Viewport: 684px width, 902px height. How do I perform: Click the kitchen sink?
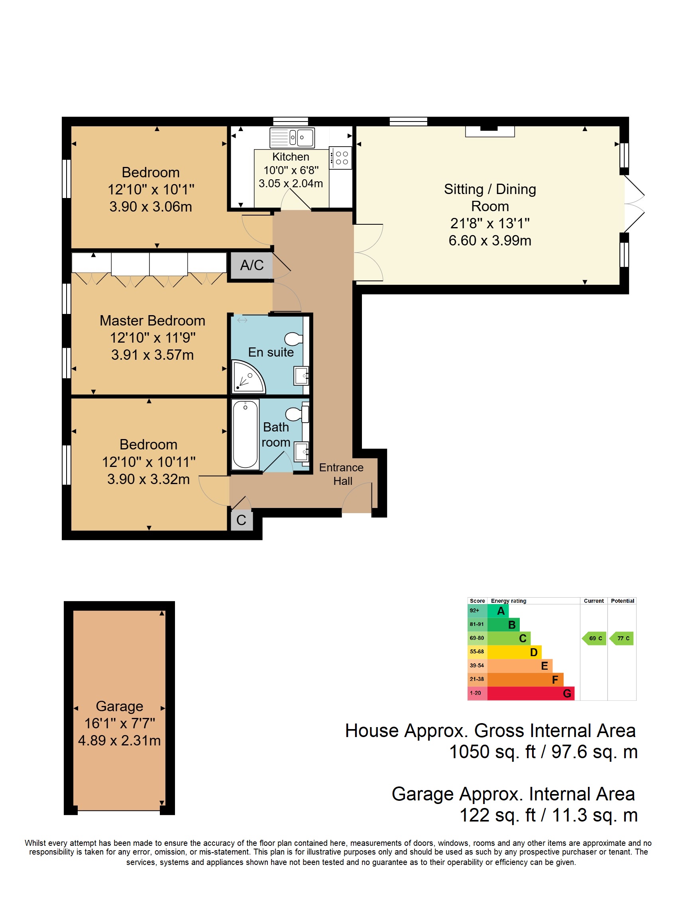pyautogui.click(x=292, y=137)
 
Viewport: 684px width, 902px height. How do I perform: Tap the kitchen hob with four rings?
pyautogui.click(x=340, y=158)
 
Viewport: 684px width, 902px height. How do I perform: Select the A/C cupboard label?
pyautogui.click(x=252, y=265)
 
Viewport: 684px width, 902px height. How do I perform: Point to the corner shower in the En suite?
pyautogui.click(x=248, y=377)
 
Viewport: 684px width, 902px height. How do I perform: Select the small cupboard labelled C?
pyautogui.click(x=242, y=520)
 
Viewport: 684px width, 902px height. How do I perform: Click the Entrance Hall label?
pyautogui.click(x=341, y=474)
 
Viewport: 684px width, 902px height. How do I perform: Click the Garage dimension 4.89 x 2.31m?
pyautogui.click(x=120, y=740)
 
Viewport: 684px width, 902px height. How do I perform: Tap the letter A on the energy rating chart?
pyautogui.click(x=501, y=611)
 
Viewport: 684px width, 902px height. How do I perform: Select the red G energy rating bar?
pyautogui.click(x=531, y=693)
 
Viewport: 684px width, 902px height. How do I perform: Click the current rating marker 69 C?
pyautogui.click(x=594, y=638)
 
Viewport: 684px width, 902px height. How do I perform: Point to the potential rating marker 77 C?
pyautogui.click(x=621, y=638)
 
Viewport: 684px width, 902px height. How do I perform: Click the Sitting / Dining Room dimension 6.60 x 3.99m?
pyautogui.click(x=490, y=241)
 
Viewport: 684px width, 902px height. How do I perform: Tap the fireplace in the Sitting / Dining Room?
pyautogui.click(x=490, y=131)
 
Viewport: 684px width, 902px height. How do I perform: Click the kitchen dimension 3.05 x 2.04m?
pyautogui.click(x=291, y=184)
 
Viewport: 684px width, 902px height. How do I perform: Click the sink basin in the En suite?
pyautogui.click(x=301, y=376)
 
